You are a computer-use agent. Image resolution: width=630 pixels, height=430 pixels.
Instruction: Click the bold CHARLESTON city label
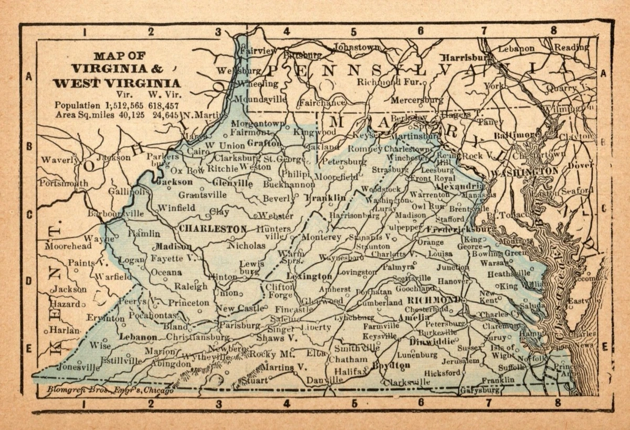(x=212, y=229)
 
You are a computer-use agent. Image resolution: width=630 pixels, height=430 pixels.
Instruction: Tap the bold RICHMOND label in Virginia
(x=434, y=300)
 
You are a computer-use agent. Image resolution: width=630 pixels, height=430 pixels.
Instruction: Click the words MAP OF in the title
(x=120, y=56)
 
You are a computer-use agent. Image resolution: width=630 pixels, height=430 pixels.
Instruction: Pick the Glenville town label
(x=233, y=184)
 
